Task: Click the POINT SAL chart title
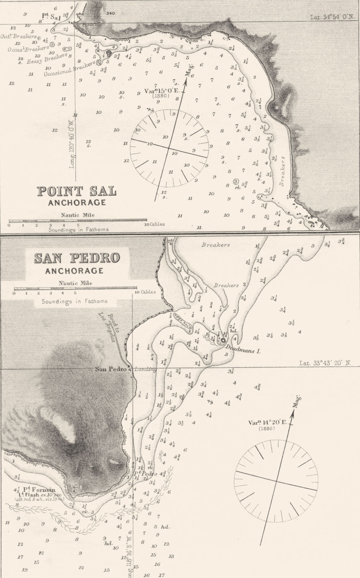[77, 191]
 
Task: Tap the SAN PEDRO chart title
[77, 258]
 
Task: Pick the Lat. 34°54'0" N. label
[332, 17]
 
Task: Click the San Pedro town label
[110, 369]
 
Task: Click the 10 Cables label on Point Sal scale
[154, 224]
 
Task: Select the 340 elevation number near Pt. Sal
[110, 13]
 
